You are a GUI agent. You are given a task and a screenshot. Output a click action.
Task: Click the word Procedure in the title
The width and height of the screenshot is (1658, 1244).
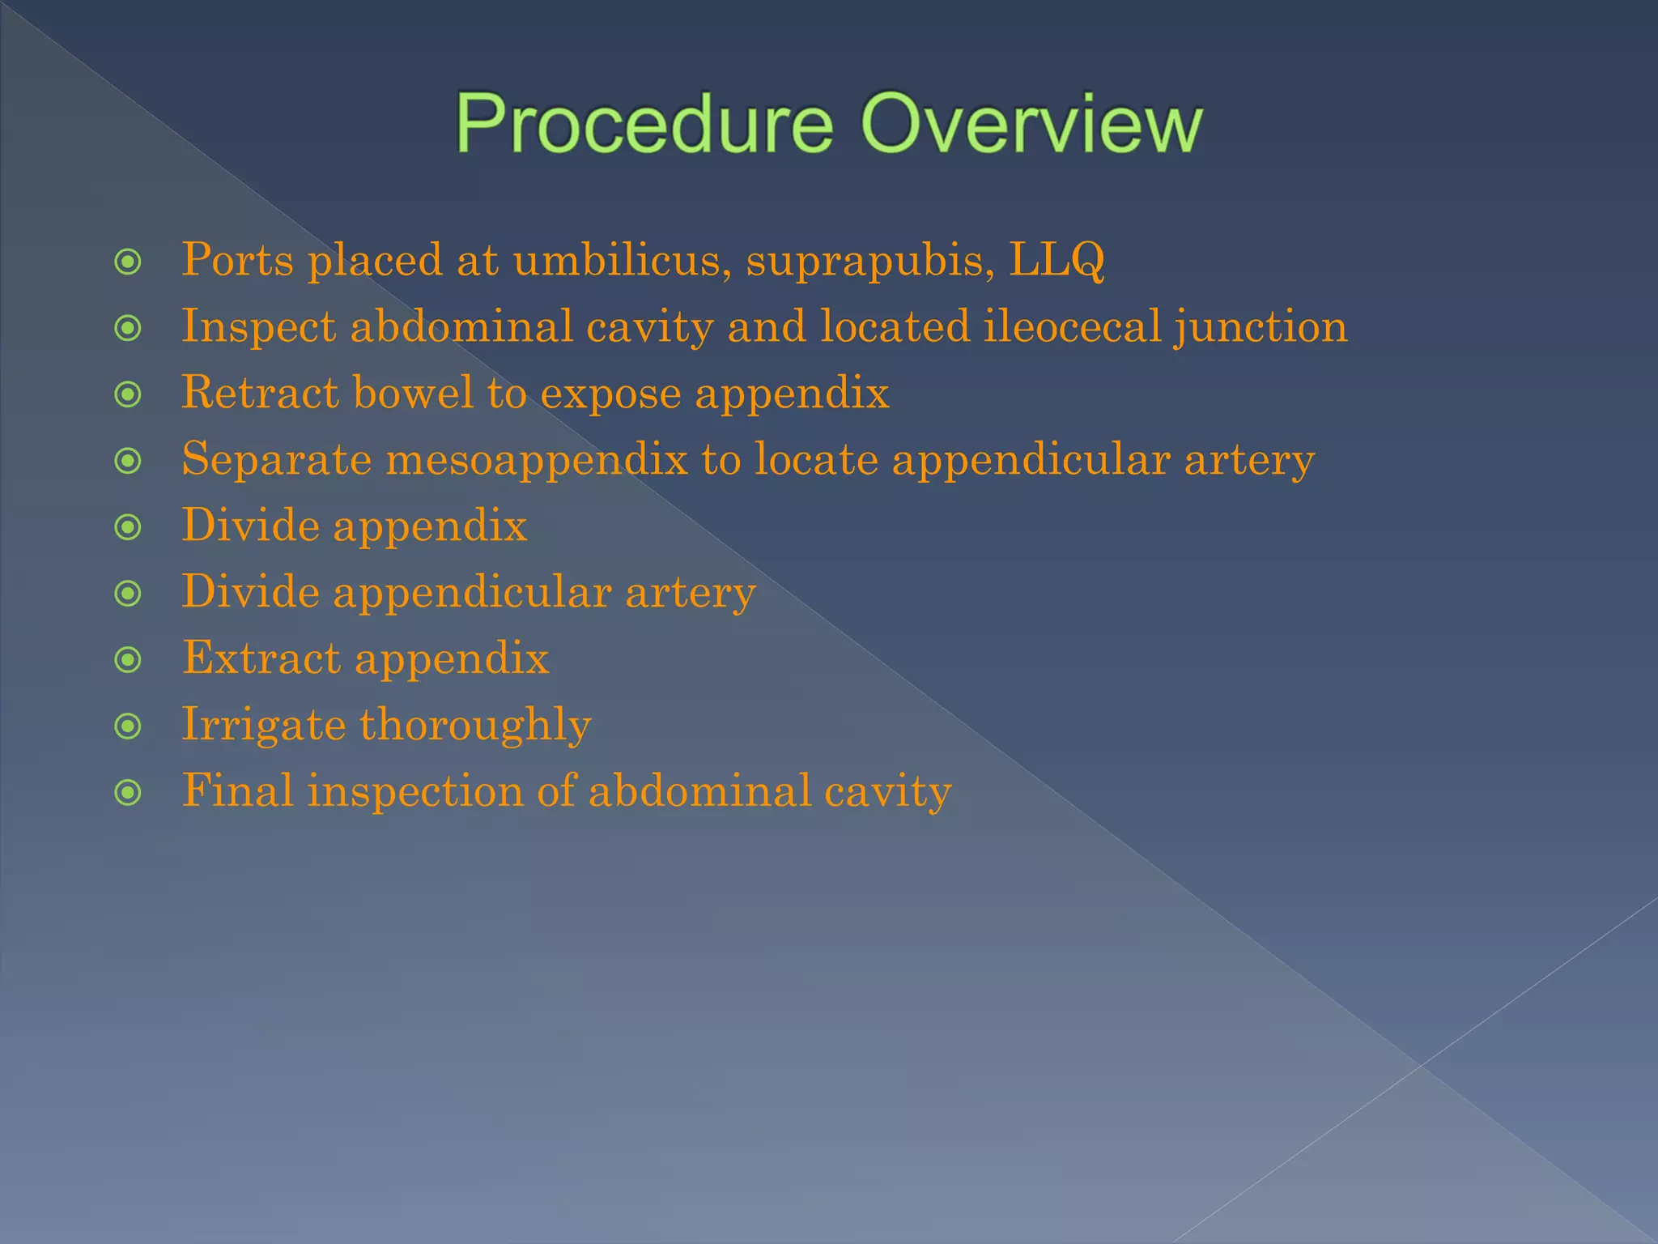644,124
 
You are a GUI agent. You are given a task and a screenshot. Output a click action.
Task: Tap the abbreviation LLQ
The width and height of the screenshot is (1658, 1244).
1056,261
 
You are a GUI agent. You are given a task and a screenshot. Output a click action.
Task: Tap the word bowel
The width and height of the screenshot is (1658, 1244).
413,393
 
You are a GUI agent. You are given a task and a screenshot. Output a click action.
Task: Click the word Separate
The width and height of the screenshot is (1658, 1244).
276,461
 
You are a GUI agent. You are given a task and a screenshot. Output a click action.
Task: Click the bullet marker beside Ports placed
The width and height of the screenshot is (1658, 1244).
128,262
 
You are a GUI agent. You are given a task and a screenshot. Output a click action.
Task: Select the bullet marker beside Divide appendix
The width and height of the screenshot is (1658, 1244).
128,527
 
